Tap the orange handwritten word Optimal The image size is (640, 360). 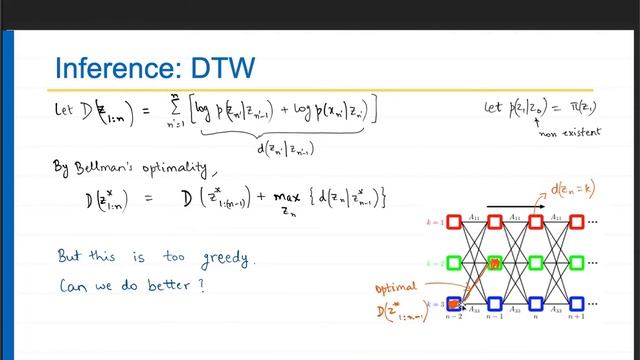coord(397,287)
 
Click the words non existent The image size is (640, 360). coord(553,129)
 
